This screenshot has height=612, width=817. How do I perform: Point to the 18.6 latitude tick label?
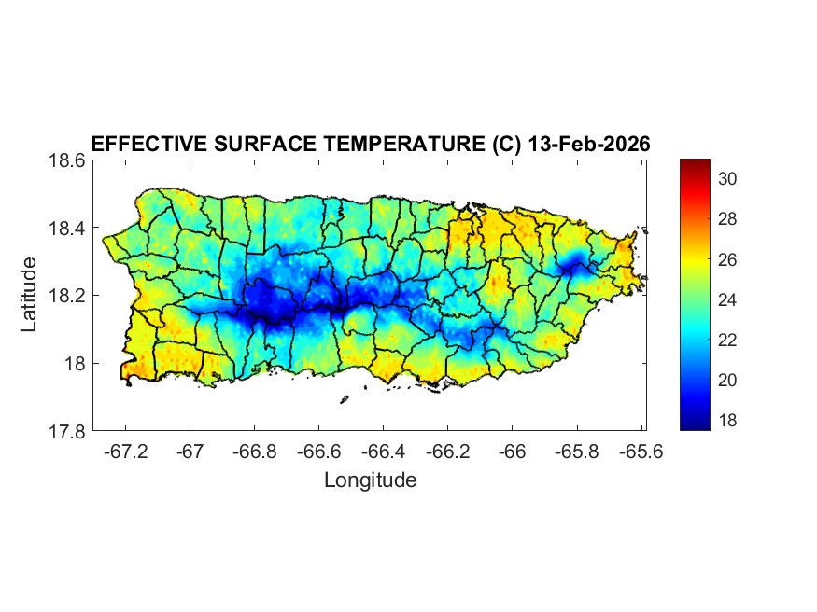tap(67, 160)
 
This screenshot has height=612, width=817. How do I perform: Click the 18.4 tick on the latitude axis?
tap(67, 229)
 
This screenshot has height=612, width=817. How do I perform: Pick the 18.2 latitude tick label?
tap(67, 296)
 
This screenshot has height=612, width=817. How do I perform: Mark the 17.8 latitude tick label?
tap(67, 431)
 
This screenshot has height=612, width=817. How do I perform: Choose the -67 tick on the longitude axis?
tap(190, 452)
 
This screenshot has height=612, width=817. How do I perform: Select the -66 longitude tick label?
tap(513, 452)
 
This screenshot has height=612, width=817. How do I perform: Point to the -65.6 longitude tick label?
tap(641, 452)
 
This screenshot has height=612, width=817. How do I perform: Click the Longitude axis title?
tap(370, 480)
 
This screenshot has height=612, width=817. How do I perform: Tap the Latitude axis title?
tap(30, 295)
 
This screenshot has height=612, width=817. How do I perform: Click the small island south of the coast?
tap(344, 399)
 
